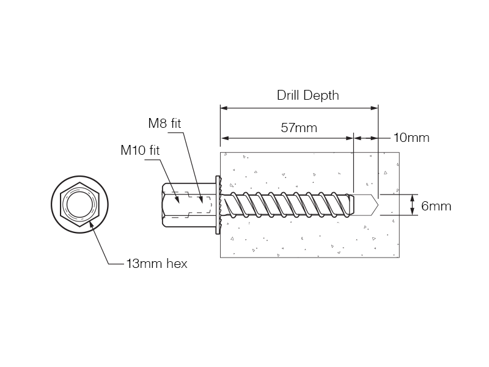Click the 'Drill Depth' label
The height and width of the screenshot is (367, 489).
(x=307, y=95)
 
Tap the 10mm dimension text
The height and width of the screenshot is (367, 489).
(x=411, y=138)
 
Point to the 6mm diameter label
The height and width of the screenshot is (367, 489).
(x=436, y=206)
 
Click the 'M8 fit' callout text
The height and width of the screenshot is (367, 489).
(x=165, y=123)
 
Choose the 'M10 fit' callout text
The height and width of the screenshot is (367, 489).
(x=140, y=150)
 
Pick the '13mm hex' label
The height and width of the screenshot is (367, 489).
(x=156, y=264)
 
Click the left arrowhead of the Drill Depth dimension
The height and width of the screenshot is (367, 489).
(x=224, y=108)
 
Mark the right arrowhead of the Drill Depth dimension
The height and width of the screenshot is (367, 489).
(x=374, y=108)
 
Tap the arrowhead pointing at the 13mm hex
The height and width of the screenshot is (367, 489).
(x=91, y=224)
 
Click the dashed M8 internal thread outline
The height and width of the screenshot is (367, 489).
(x=197, y=206)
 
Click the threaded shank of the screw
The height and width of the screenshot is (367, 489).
(x=287, y=206)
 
